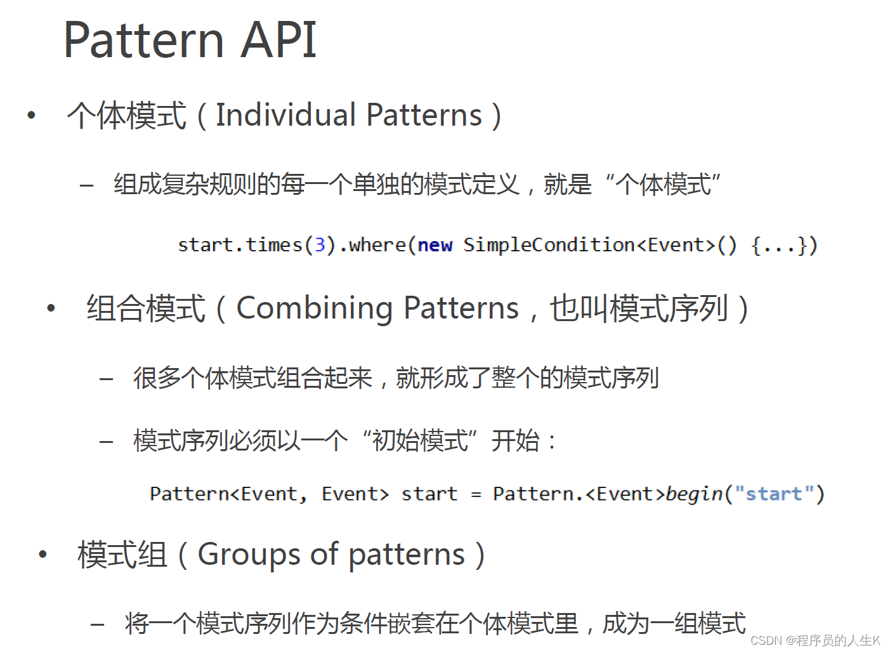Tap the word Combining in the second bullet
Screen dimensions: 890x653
click(315, 309)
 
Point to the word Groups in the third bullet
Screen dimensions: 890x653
click(249, 555)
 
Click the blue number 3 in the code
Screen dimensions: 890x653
click(320, 245)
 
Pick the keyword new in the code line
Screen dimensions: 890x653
click(435, 246)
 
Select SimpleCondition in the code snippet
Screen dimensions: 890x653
click(549, 245)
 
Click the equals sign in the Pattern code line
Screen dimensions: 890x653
click(476, 495)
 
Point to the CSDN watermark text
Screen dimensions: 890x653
click(815, 641)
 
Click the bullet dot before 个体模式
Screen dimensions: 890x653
click(31, 115)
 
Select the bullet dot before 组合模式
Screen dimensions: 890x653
click(51, 308)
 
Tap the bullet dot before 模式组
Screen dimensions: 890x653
click(43, 555)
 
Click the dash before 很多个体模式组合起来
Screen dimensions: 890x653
click(106, 379)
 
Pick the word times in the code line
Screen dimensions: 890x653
click(274, 245)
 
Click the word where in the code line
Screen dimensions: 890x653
click(377, 245)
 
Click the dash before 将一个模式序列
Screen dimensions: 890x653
click(97, 625)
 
